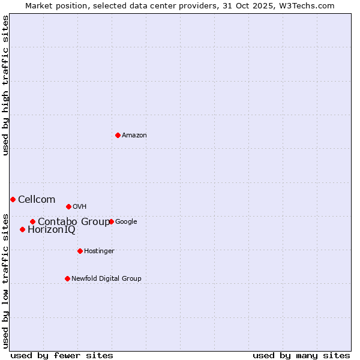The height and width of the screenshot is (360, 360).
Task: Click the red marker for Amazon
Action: pyautogui.click(x=118, y=135)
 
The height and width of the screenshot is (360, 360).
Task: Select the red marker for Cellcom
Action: pyautogui.click(x=13, y=199)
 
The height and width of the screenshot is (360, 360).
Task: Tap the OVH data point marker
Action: pyautogui.click(x=68, y=206)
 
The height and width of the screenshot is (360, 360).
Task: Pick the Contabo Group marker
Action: pyautogui.click(x=32, y=221)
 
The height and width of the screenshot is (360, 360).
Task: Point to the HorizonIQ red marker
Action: pyautogui.click(x=22, y=229)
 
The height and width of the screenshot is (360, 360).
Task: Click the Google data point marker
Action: pyautogui.click(x=111, y=221)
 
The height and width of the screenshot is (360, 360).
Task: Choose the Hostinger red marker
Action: pyautogui.click(x=80, y=251)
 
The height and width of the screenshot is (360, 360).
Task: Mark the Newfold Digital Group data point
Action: pyautogui.click(x=67, y=278)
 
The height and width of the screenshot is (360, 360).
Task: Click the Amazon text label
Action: pyautogui.click(x=134, y=135)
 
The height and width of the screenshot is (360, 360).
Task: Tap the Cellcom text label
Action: pyautogui.click(x=37, y=199)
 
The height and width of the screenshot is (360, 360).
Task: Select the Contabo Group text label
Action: pyautogui.click(x=74, y=221)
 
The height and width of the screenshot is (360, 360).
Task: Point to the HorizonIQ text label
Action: pyautogui.click(x=52, y=229)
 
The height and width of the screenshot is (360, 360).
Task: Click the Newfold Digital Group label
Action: pyautogui.click(x=106, y=278)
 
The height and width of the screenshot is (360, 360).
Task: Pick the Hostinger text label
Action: pyautogui.click(x=99, y=251)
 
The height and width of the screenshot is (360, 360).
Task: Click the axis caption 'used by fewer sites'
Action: pyautogui.click(x=62, y=355)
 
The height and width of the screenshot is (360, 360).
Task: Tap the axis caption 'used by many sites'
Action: pyautogui.click(x=301, y=355)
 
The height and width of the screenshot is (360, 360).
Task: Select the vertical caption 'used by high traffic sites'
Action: pyautogui.click(x=5, y=85)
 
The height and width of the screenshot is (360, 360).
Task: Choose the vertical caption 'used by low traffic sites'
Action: pyautogui.click(x=5, y=281)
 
